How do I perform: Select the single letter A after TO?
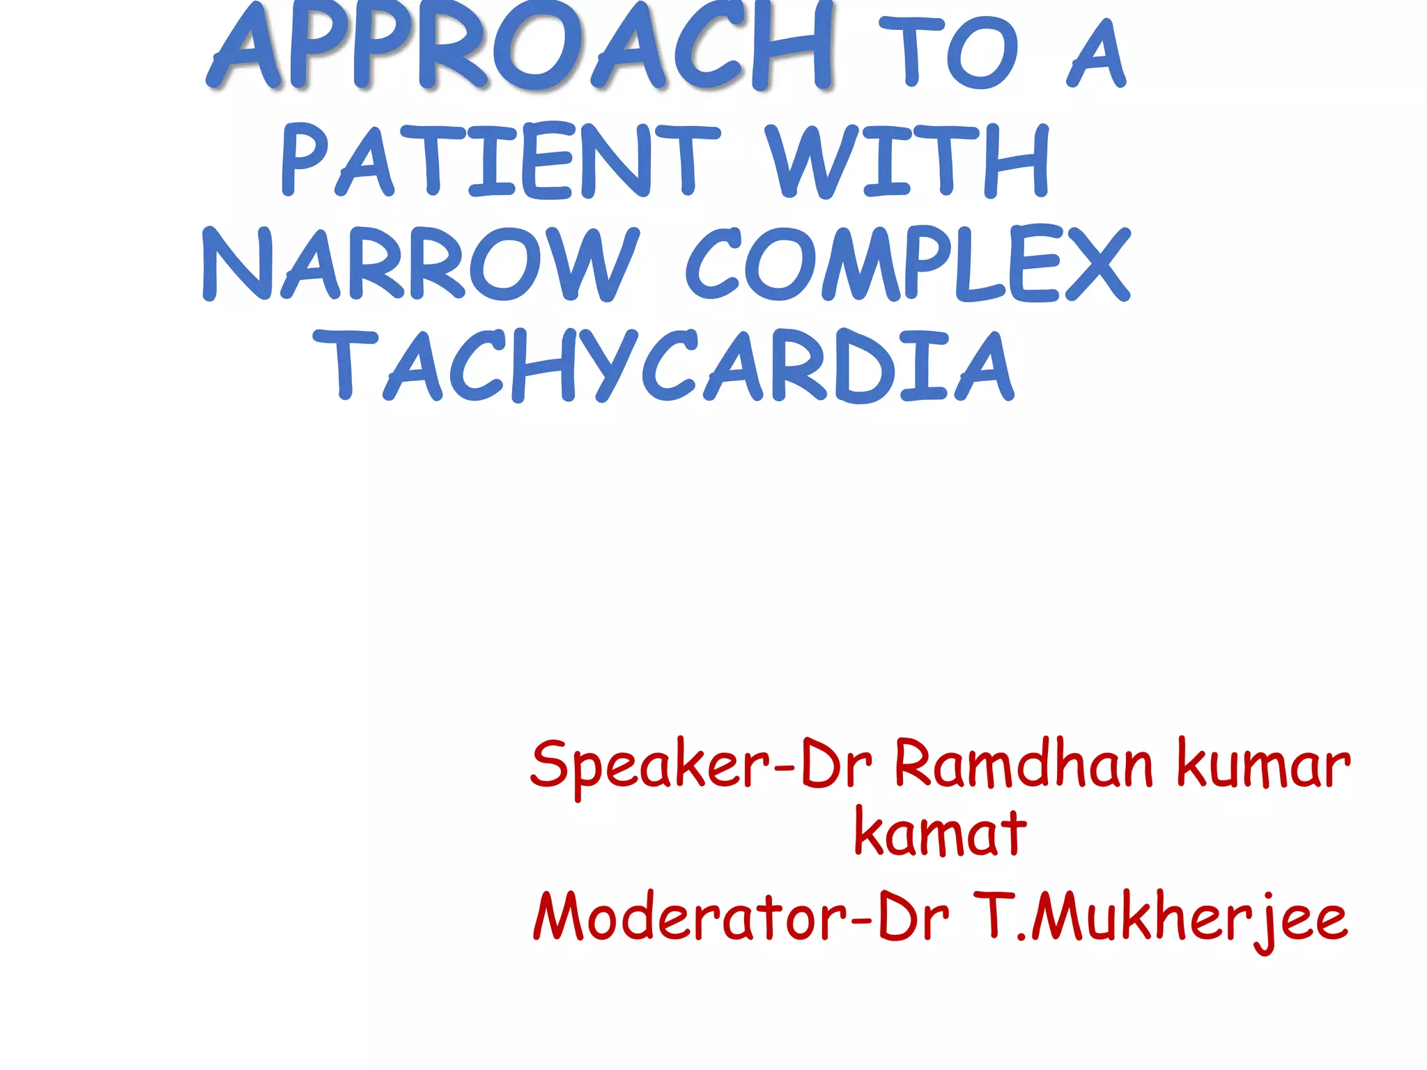tap(1097, 54)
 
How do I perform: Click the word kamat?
tap(940, 833)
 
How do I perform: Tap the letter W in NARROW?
tap(596, 265)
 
